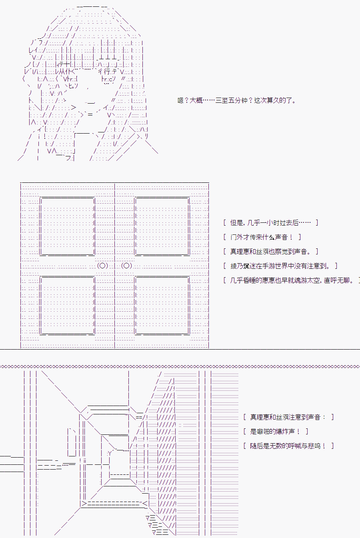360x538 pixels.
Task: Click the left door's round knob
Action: coord(102,266)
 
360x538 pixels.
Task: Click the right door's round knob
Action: coord(126,266)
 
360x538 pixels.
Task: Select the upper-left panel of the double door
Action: coord(68,226)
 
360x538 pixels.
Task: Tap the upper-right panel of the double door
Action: coord(162,226)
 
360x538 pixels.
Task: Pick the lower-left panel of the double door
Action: coord(68,306)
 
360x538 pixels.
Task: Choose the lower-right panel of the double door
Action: coord(162,306)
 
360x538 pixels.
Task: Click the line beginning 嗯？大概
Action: coord(237,100)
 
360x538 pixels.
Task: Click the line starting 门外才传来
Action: coord(262,237)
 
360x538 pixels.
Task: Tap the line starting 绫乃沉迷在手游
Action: coord(280,266)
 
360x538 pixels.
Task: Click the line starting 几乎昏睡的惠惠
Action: coord(292,280)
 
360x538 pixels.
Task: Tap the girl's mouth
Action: coord(90,102)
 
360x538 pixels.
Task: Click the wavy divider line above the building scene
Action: coord(180,366)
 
